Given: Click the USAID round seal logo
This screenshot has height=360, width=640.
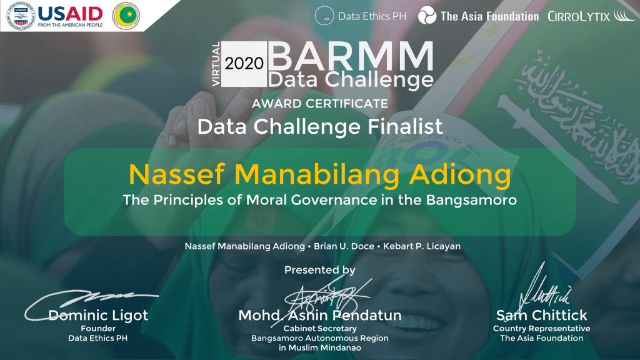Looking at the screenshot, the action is (21, 16).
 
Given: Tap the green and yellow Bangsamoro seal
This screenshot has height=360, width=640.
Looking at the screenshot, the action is (126, 16).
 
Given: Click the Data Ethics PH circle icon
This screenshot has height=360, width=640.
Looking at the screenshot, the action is (324, 16).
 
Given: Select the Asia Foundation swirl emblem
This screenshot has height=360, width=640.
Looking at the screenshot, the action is (427, 16).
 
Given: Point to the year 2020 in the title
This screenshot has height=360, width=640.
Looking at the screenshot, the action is (244, 63).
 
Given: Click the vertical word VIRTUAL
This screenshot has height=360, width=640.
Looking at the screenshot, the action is (216, 64).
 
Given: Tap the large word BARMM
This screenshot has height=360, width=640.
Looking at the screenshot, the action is (351, 56).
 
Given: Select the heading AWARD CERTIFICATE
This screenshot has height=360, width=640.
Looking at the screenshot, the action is (320, 104).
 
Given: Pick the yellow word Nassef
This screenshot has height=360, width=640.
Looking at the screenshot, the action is (177, 174).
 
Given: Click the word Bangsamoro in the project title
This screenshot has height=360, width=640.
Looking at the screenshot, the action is (471, 200).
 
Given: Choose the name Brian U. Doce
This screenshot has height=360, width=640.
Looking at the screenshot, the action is (344, 246).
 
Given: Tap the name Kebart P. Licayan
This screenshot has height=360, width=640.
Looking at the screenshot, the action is (422, 246).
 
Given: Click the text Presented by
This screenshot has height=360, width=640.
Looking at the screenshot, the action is (320, 270).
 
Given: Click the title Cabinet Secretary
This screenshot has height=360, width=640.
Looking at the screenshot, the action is (320, 329).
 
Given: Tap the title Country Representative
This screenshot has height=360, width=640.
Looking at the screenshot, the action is (542, 329).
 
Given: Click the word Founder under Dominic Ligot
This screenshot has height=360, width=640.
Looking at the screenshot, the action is (98, 329).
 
